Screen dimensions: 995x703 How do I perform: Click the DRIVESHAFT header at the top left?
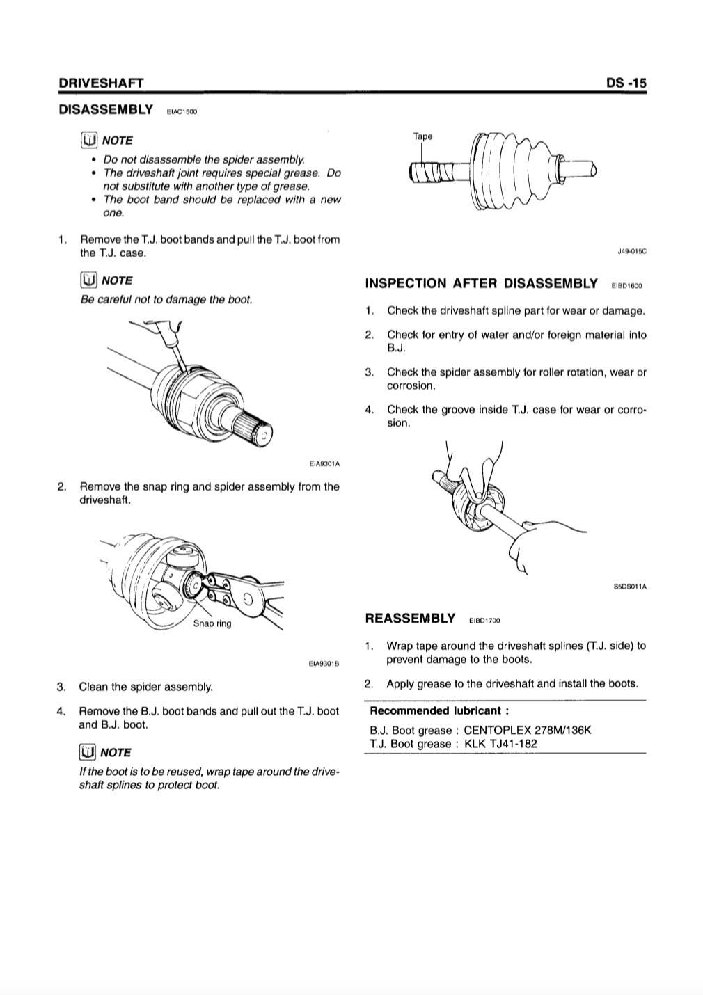click(x=101, y=83)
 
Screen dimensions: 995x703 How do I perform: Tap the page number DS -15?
click(x=626, y=83)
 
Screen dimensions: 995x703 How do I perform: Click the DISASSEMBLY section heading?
click(x=106, y=109)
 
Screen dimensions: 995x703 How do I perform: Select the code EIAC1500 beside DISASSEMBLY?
click(x=182, y=112)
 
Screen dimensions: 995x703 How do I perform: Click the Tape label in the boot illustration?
click(x=422, y=136)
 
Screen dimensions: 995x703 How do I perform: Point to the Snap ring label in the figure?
click(x=212, y=623)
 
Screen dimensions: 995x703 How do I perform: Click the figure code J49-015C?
click(x=631, y=251)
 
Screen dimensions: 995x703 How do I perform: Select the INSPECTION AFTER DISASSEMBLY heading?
click(x=481, y=283)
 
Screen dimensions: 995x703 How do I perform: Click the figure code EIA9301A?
click(x=324, y=463)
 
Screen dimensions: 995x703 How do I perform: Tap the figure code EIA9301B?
click(x=324, y=664)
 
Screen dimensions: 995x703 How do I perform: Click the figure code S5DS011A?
click(x=630, y=587)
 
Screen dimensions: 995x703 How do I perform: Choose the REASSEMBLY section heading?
click(x=410, y=619)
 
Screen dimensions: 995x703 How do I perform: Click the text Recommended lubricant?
click(x=439, y=710)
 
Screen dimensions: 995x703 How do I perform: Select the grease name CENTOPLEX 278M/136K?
click(x=527, y=730)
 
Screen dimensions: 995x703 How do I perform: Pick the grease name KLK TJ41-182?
click(x=500, y=743)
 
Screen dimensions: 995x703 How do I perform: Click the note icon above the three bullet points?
click(x=88, y=140)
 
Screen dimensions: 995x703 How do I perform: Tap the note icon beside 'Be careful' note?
click(x=88, y=280)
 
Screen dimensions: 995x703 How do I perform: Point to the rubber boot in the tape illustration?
click(x=512, y=170)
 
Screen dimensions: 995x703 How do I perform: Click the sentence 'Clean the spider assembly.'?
click(x=145, y=687)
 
